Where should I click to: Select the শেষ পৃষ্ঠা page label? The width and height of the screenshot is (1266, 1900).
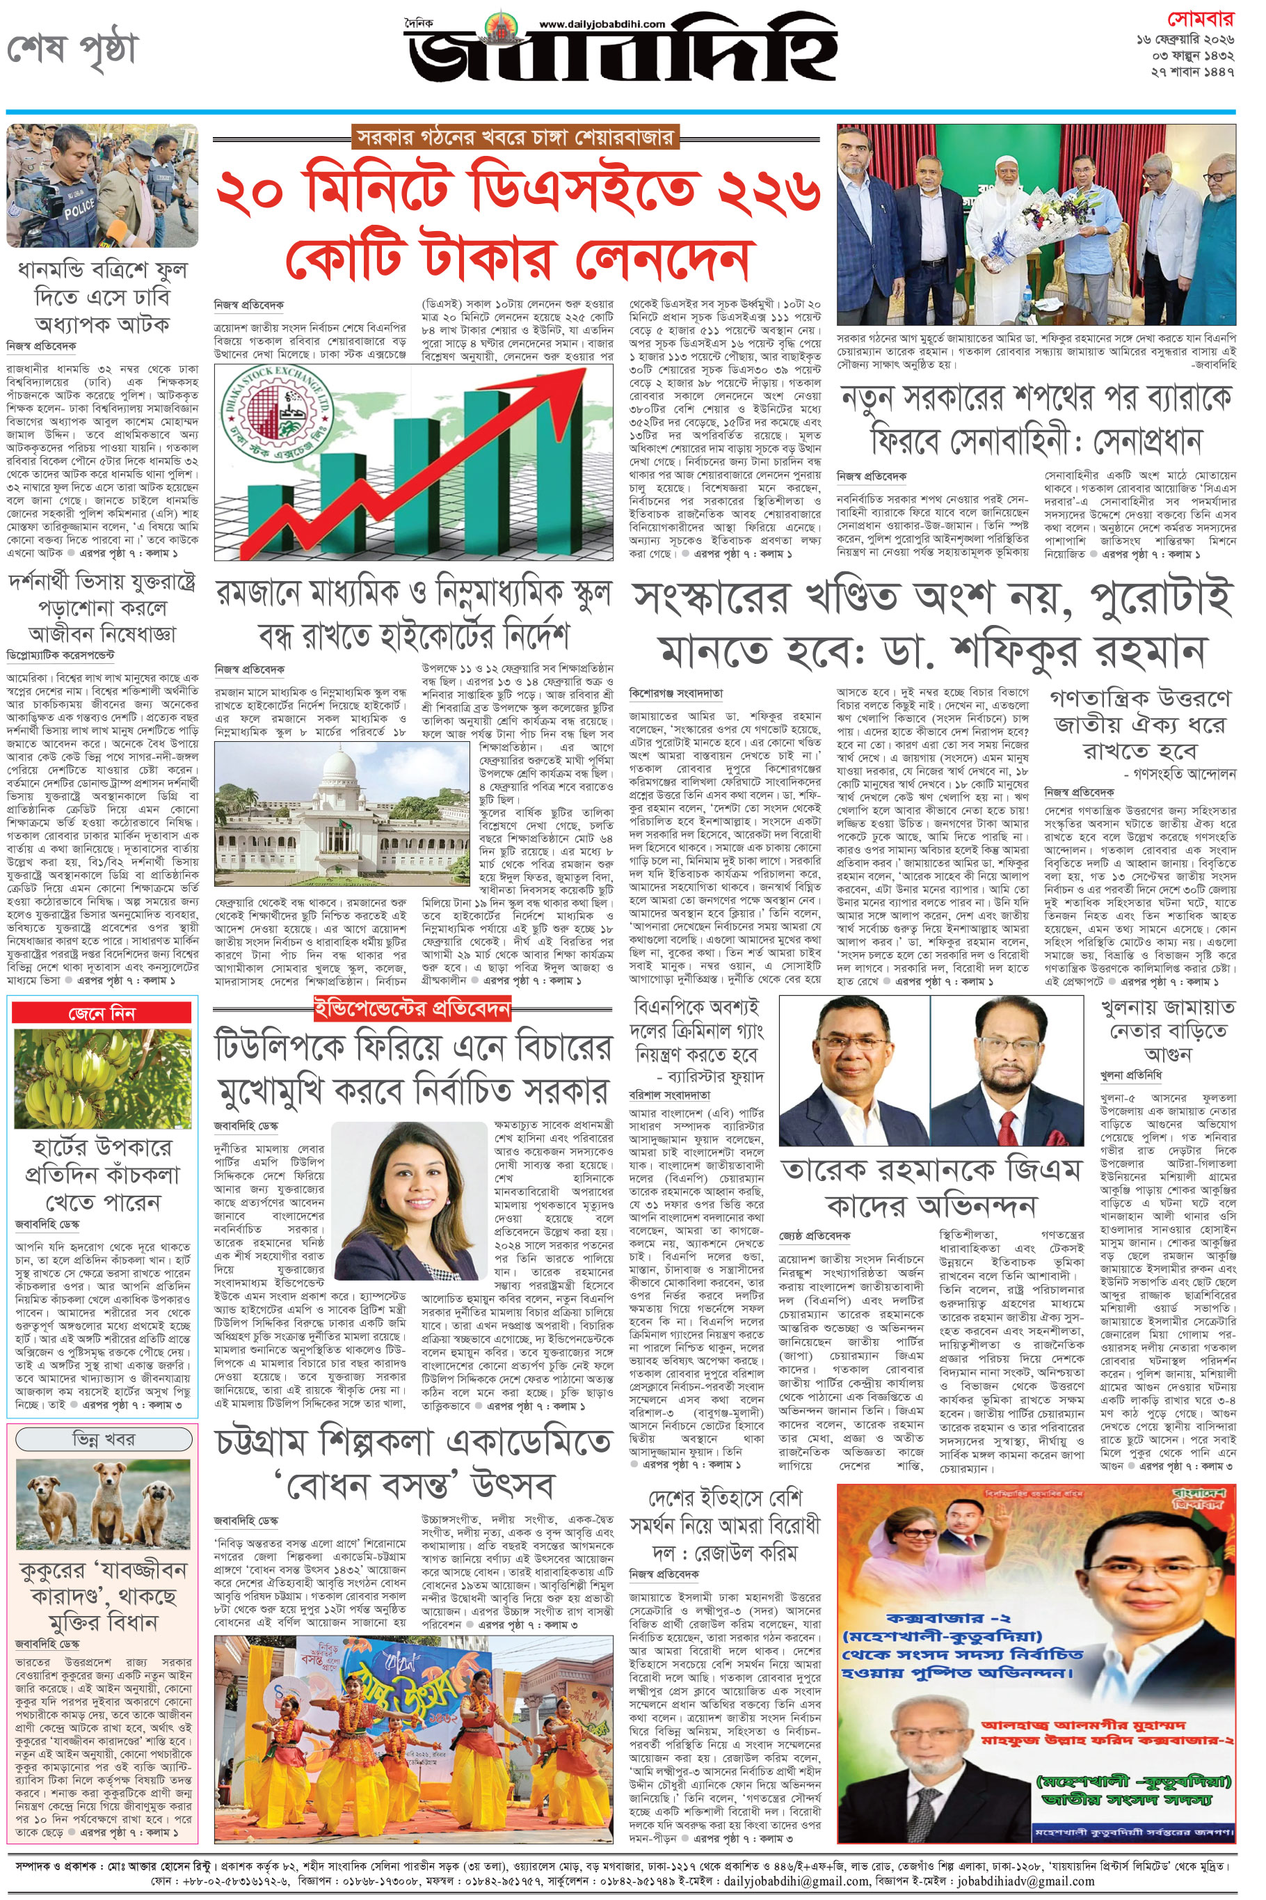coord(72,50)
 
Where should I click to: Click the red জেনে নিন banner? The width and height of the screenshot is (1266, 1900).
coord(102,1013)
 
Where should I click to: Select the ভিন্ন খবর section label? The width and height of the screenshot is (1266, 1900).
coord(102,1439)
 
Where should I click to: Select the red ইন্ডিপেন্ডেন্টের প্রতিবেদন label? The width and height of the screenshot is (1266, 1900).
coord(412,1007)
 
